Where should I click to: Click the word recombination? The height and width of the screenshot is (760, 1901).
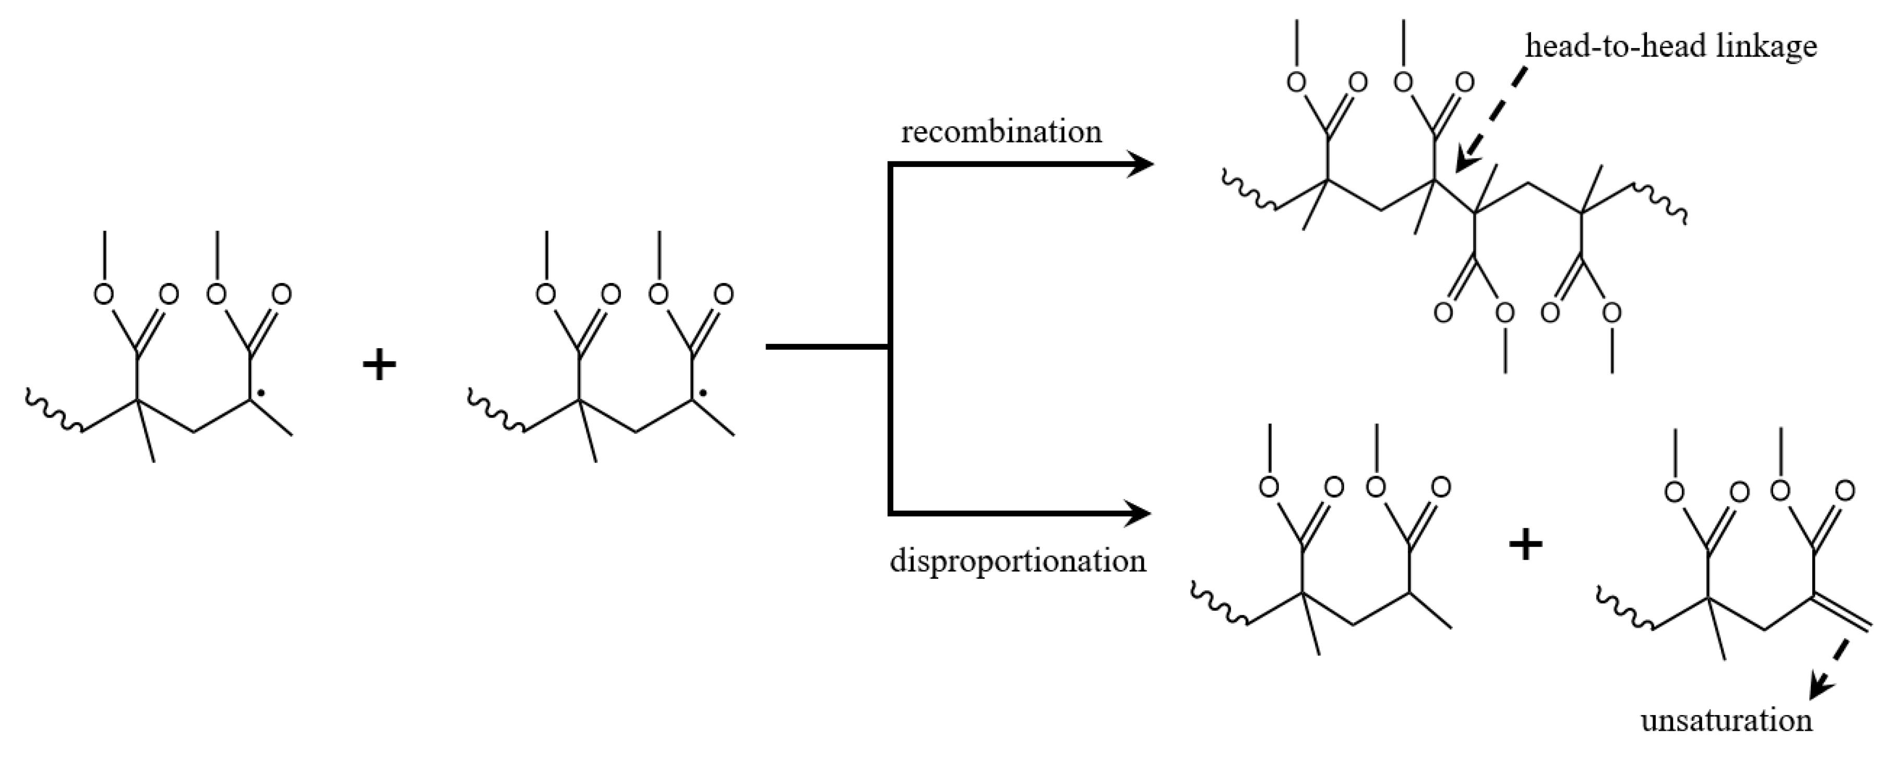point(1001,132)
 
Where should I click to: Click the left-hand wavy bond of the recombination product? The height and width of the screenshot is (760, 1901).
point(1249,193)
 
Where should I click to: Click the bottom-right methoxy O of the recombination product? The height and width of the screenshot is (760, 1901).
point(1612,313)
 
